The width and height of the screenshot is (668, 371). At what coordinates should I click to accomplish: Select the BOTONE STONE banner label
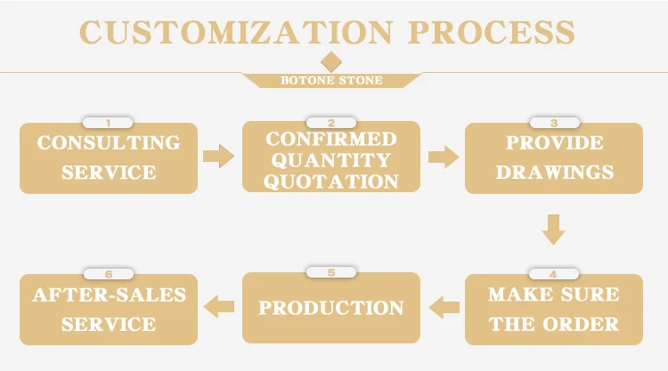[x=331, y=81]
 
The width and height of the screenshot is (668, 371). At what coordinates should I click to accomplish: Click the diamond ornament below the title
[x=331, y=61]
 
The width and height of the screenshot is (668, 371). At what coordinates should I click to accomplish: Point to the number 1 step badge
[x=109, y=123]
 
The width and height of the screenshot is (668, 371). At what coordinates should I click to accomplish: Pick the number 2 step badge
[x=331, y=123]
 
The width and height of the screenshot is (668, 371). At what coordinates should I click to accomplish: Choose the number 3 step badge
[x=554, y=123]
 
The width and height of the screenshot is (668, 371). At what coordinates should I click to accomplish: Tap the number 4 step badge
[x=554, y=273]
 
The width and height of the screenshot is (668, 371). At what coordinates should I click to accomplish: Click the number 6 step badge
[x=109, y=273]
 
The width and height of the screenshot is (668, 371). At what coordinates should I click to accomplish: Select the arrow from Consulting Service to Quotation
[x=218, y=157]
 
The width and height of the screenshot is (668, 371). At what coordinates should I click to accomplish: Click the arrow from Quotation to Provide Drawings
[x=443, y=157]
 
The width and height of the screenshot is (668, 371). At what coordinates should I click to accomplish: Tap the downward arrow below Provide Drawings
[x=554, y=229]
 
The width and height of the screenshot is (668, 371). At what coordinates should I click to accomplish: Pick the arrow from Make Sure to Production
[x=444, y=308]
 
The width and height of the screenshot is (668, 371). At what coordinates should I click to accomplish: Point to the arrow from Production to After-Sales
[x=219, y=308]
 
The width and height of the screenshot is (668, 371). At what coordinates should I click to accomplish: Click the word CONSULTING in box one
[x=109, y=142]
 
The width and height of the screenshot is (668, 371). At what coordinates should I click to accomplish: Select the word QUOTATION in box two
[x=331, y=181]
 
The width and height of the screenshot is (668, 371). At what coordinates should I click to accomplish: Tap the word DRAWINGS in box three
[x=554, y=171]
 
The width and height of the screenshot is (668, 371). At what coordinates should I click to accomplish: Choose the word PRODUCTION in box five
[x=331, y=308]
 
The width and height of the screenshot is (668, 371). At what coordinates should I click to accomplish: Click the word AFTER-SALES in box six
[x=109, y=294]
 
